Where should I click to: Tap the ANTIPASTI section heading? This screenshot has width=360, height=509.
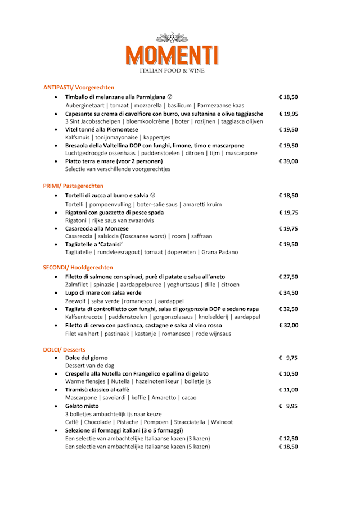coord(79,87)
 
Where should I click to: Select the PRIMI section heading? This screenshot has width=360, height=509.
coord(73,186)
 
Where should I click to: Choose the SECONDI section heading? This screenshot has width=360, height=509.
coord(78,267)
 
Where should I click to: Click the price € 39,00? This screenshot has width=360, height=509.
coord(288,161)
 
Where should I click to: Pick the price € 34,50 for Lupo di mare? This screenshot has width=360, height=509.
coord(288,292)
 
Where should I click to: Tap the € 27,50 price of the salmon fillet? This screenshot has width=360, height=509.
coord(288,277)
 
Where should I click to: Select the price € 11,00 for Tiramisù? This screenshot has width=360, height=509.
coord(288,389)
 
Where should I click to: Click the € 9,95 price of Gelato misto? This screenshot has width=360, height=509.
coord(288,406)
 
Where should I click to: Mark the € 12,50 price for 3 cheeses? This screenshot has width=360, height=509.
coord(288,438)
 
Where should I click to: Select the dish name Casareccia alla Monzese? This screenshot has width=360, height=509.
coord(97,228)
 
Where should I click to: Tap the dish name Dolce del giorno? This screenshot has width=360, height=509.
coord(86,358)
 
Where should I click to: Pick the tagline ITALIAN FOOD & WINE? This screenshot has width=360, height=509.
coord(172,71)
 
